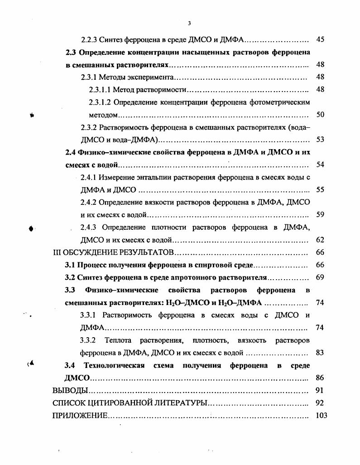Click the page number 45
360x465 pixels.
[x=320, y=39]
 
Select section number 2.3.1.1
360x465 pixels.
[x=100, y=90]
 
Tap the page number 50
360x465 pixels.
[x=320, y=115]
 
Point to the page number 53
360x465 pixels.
[x=320, y=140]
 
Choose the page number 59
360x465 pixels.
[x=320, y=214]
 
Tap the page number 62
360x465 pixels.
[x=320, y=239]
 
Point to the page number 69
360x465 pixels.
[x=320, y=277]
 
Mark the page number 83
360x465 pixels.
[x=320, y=352]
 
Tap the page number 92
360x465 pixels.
[x=320, y=402]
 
